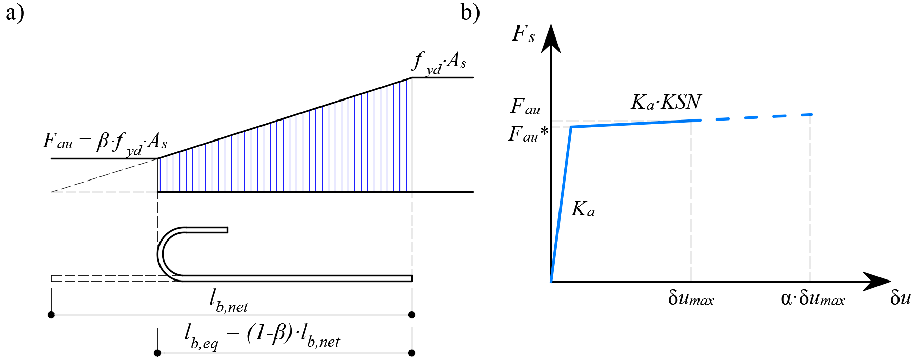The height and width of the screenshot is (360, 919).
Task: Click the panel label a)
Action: [14, 13]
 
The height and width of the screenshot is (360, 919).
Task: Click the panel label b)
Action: [470, 13]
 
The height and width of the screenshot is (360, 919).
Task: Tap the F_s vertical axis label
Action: [524, 34]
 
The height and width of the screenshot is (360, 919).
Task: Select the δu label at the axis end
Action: [900, 298]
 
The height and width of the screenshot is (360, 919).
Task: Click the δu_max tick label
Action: [691, 298]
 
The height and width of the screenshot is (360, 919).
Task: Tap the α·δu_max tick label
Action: [812, 298]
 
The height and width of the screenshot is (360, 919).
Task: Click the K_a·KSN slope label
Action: [666, 102]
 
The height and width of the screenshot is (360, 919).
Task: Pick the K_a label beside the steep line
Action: [583, 209]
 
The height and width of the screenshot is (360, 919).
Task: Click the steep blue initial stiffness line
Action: [561, 204]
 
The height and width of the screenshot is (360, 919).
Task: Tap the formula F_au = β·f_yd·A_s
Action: [105, 143]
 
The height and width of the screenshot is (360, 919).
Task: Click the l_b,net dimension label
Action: [229, 301]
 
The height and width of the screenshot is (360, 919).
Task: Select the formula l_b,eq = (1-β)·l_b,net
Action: [262, 336]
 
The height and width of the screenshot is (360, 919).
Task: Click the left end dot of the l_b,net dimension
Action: [51, 314]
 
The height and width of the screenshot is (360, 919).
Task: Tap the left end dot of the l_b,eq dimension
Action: [157, 353]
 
